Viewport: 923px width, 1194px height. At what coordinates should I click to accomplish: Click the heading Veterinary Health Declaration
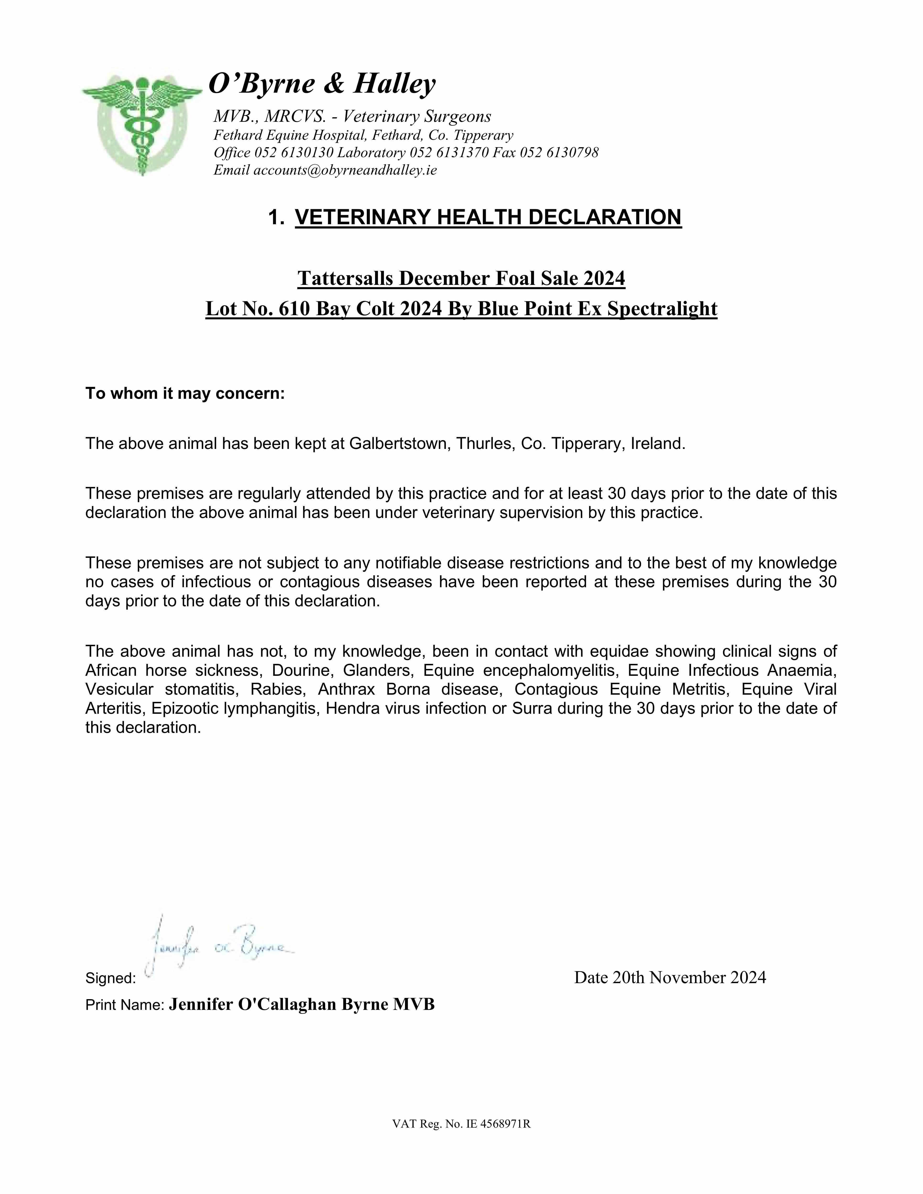pyautogui.click(x=488, y=217)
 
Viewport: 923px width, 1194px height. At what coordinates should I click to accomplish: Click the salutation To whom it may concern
pyautogui.click(x=185, y=394)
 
